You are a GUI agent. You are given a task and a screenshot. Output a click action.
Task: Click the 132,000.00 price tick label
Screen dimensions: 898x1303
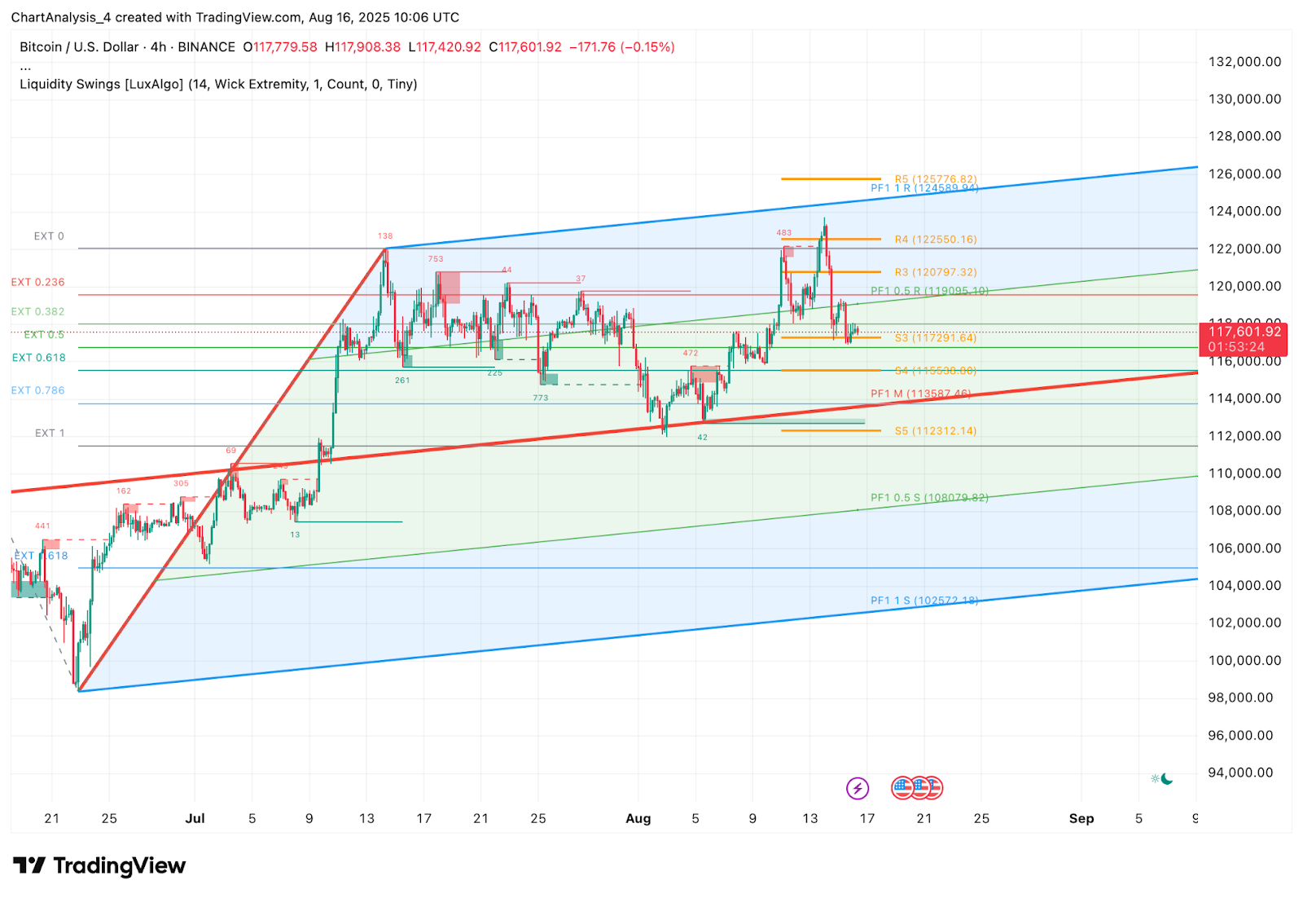pyautogui.click(x=1244, y=62)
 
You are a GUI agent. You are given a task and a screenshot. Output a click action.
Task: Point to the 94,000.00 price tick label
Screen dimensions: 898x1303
pyautogui.click(x=1240, y=773)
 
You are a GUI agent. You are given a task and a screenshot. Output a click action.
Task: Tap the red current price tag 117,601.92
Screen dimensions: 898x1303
pyautogui.click(x=1244, y=332)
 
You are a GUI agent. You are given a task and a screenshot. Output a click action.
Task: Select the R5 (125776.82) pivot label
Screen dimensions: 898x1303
pyautogui.click(x=935, y=179)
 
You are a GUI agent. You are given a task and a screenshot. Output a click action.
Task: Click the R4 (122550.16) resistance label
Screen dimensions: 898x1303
pyautogui.click(x=935, y=240)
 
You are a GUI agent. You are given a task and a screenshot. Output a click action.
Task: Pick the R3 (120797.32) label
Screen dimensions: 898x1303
pyautogui.click(x=935, y=272)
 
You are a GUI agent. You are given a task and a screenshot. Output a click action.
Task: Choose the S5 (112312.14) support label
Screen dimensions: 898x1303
pyautogui.click(x=935, y=431)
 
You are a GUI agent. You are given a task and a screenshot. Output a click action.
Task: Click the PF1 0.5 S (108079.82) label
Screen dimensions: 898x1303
pyautogui.click(x=929, y=498)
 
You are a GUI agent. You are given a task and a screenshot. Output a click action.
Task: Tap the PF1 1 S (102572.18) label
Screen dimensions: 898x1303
pyautogui.click(x=924, y=601)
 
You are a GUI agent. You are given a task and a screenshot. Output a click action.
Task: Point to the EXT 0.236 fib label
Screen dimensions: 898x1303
pyautogui.click(x=37, y=283)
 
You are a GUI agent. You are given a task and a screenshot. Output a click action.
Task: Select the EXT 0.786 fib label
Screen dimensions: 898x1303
pyautogui.click(x=37, y=391)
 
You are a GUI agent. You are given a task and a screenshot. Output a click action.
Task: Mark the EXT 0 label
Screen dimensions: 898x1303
pyautogui.click(x=49, y=236)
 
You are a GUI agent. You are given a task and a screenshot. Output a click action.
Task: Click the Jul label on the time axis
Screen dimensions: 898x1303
pyautogui.click(x=195, y=818)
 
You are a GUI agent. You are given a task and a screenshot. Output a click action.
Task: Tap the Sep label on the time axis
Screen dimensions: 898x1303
pyautogui.click(x=1081, y=818)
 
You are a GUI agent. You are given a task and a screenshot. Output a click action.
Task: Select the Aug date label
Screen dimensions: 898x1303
pyautogui.click(x=638, y=818)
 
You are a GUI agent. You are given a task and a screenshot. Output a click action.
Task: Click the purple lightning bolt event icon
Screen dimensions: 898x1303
pyautogui.click(x=857, y=788)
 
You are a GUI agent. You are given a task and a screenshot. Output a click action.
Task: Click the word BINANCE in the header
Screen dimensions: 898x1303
pyautogui.click(x=206, y=47)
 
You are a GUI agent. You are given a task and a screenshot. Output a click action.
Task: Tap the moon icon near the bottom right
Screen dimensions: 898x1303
pyautogui.click(x=1167, y=779)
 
